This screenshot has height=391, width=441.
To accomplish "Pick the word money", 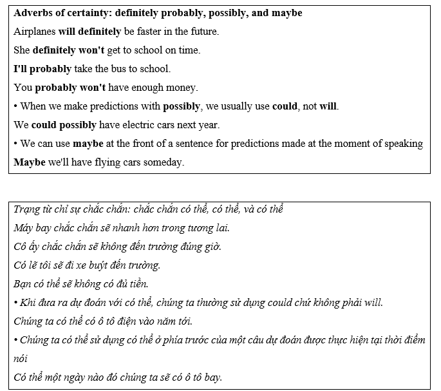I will (182, 87).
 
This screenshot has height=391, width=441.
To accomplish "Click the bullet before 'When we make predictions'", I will (15, 106).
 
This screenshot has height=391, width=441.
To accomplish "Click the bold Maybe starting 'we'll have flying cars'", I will (30, 162).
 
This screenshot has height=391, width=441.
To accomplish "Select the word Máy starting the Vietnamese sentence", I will (23, 227).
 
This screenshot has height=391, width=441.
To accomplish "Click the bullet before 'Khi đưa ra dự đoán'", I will (15, 302).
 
